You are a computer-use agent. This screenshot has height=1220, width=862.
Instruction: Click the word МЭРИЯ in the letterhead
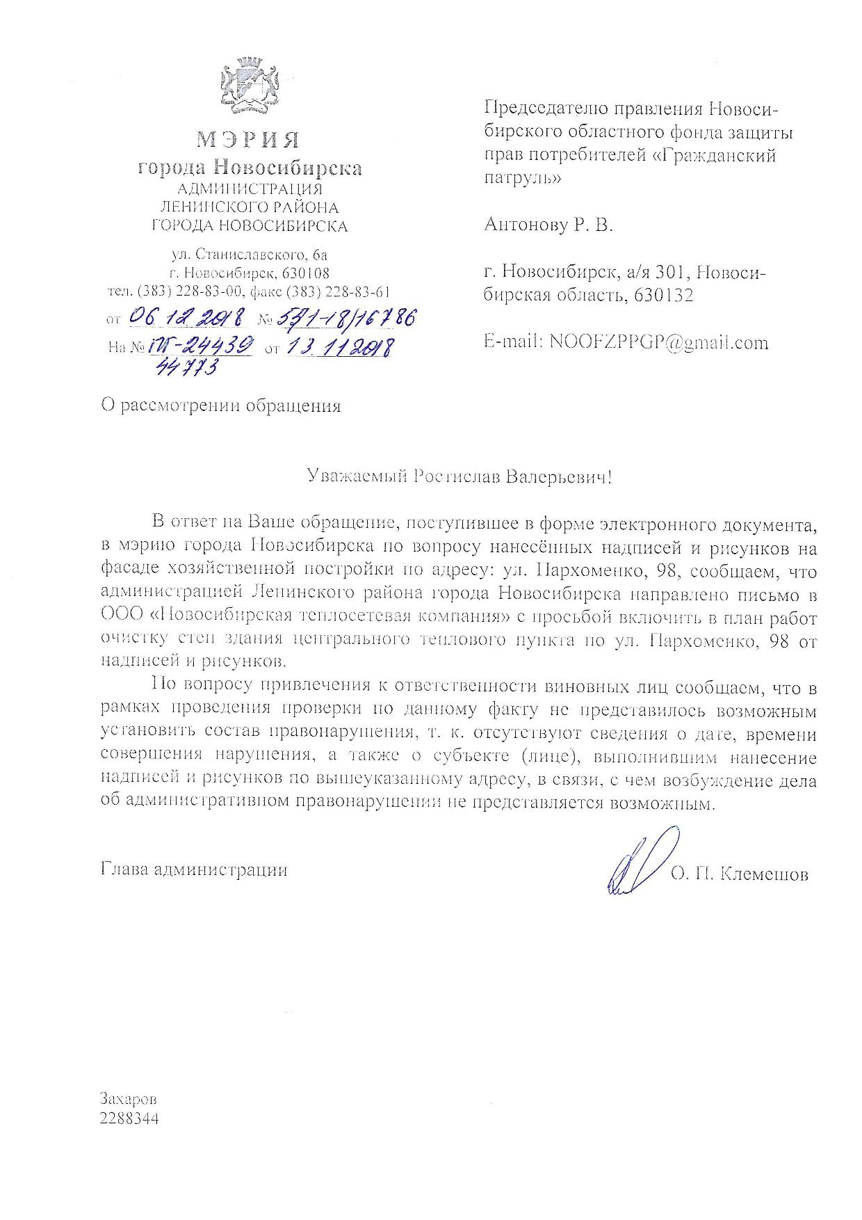tap(247, 140)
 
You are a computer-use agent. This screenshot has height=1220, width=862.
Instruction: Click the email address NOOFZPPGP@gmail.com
tap(658, 342)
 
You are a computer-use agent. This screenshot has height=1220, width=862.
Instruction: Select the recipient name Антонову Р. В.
tap(548, 225)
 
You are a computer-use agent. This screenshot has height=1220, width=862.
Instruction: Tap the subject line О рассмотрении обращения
tap(220, 406)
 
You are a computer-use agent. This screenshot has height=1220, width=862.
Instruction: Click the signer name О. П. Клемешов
tap(739, 874)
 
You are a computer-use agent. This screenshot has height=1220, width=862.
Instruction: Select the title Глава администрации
tap(194, 869)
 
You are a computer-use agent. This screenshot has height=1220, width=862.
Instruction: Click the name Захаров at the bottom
tap(129, 1100)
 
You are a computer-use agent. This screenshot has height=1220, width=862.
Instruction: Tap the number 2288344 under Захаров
tap(129, 1119)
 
